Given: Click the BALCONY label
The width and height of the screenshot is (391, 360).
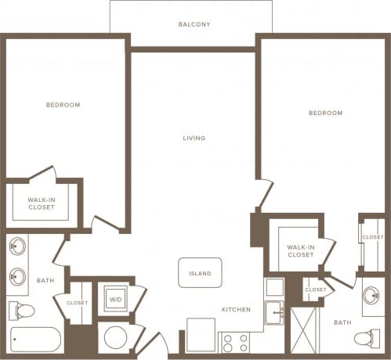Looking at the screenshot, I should click(x=194, y=23).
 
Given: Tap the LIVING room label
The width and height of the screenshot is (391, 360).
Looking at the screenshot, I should click(x=194, y=138).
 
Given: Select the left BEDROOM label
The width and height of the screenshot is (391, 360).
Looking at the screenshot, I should click(x=63, y=104).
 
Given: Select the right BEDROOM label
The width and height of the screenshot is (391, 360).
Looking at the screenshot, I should click(x=324, y=113).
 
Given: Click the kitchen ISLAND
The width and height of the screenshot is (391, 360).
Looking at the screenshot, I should click(x=199, y=273).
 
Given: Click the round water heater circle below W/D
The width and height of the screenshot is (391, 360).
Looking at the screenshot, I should click(x=115, y=338).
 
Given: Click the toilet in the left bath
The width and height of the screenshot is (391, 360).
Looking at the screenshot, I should click(x=24, y=311).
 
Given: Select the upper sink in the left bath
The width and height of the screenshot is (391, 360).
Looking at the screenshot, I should click(x=17, y=250).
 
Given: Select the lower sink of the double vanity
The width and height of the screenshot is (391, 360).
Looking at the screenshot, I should click(x=17, y=275).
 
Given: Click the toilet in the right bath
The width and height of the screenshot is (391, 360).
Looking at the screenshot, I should click(x=366, y=338).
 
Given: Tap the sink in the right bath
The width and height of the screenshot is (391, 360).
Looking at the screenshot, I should click(x=373, y=298).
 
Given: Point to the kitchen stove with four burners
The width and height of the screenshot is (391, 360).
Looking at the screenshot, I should click(x=235, y=342).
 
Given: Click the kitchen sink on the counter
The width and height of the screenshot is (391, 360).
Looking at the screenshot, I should click(x=273, y=312).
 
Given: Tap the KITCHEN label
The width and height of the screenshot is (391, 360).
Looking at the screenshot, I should click(x=235, y=310).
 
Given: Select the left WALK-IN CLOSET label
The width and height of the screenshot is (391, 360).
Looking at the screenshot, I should click(x=41, y=204).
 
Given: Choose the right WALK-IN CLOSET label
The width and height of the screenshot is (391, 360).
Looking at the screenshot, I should click(x=300, y=250).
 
